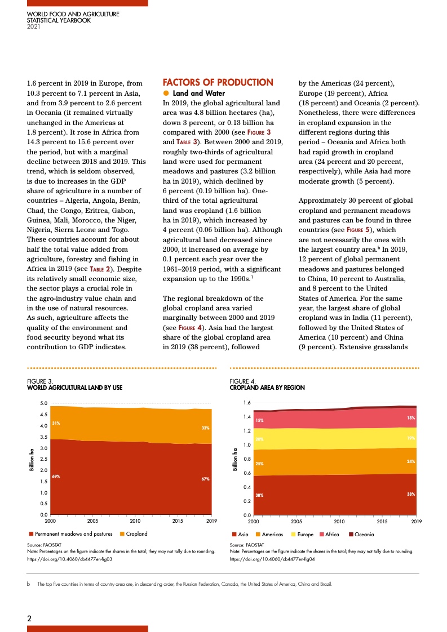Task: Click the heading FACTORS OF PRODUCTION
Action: (218, 83)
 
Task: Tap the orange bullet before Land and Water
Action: (166, 94)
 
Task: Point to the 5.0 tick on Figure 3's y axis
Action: (44, 403)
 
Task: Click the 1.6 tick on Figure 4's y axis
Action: (246, 403)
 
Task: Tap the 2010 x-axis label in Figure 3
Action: (135, 521)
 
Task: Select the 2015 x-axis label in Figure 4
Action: (381, 521)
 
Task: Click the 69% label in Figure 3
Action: (56, 477)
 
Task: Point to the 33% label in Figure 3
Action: (206, 428)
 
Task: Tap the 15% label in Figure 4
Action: (259, 420)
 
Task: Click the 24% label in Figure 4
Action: (411, 461)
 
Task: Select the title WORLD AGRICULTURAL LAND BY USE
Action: (74, 388)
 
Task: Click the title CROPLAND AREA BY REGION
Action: (267, 388)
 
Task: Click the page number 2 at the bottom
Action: (30, 618)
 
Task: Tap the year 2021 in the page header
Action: (34, 26)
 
